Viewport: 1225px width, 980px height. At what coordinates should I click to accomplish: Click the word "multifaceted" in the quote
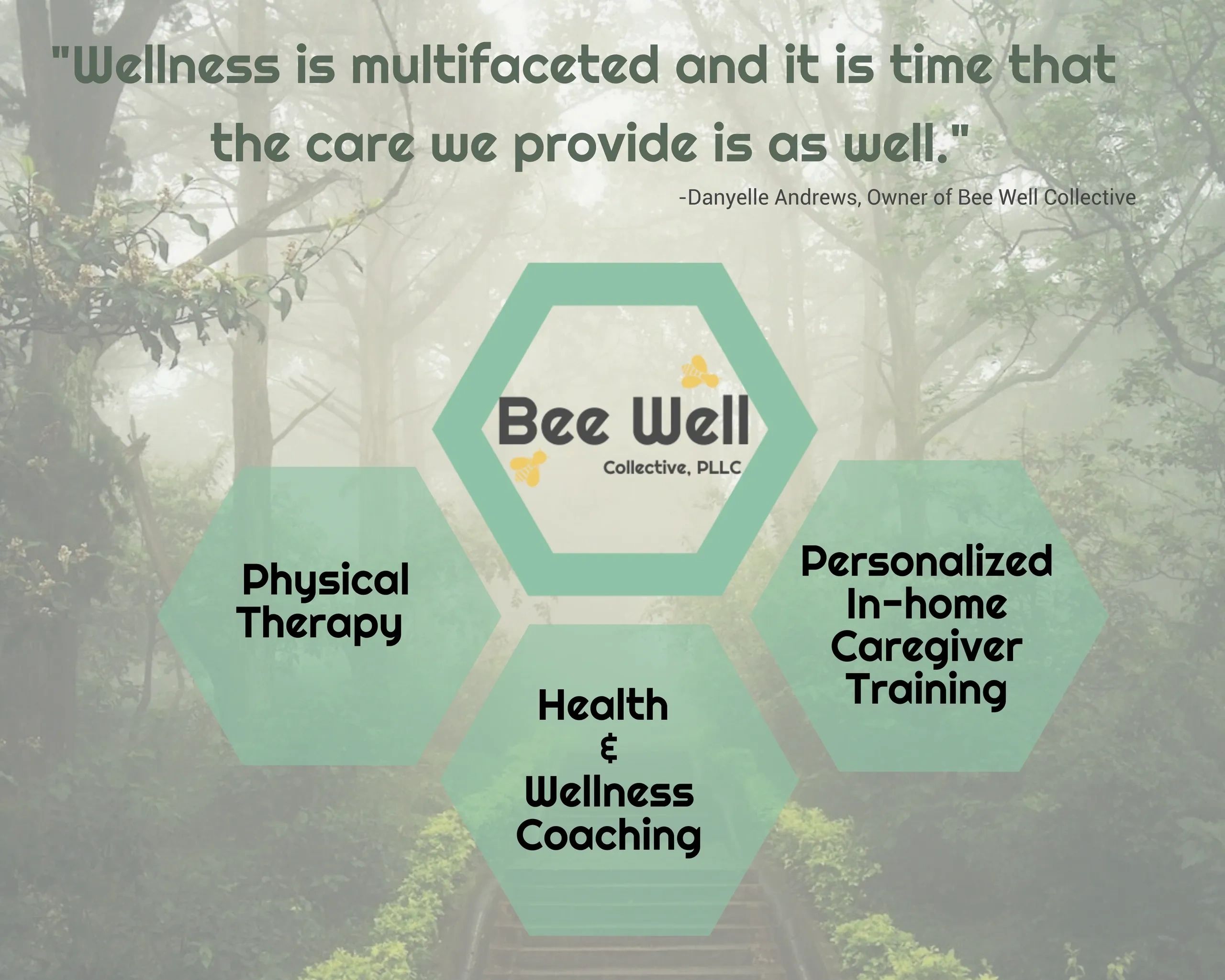coord(504,65)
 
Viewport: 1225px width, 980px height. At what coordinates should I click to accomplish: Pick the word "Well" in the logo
coord(691,422)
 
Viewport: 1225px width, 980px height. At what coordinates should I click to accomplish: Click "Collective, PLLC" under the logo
coord(672,468)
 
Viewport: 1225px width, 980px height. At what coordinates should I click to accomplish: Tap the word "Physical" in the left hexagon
coord(325,581)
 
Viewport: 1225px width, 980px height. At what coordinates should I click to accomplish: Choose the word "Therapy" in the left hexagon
coord(322,623)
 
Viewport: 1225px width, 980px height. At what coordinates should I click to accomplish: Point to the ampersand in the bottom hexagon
coord(608,748)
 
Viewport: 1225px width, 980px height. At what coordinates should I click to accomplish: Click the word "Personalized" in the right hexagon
coord(927,561)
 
